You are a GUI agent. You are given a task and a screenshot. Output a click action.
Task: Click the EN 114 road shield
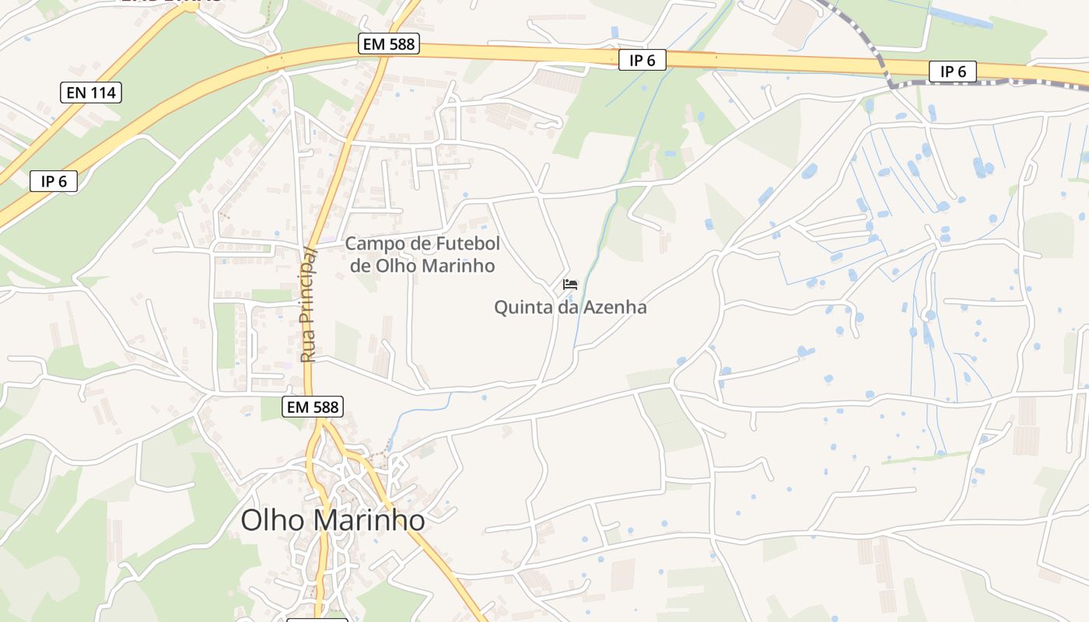(x=91, y=93)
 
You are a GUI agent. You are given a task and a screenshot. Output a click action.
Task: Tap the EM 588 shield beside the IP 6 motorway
(x=389, y=44)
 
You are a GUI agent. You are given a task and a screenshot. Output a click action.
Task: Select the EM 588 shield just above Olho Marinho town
(x=312, y=406)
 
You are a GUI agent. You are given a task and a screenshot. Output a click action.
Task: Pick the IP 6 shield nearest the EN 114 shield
(x=54, y=182)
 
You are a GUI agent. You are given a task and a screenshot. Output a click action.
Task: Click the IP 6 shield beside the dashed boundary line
(x=953, y=72)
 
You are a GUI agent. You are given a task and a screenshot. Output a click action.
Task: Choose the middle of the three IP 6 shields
(x=643, y=60)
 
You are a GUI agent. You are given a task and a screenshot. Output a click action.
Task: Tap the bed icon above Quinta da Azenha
(x=570, y=285)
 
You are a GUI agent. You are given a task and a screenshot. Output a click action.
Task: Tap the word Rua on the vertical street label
(x=308, y=348)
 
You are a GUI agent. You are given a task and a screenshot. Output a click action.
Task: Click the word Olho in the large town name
(x=271, y=520)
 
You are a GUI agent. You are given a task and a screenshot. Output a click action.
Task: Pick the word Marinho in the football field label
(x=459, y=266)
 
